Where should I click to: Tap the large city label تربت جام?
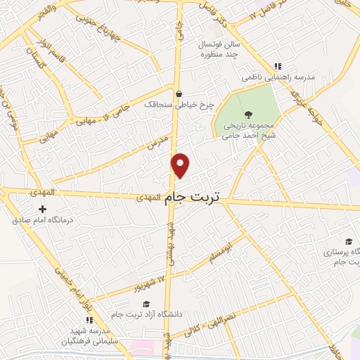pyautogui.click(x=192, y=198)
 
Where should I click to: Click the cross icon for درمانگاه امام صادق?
pyautogui.click(x=43, y=209)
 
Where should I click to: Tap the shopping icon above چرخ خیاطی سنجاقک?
pyautogui.click(x=179, y=94)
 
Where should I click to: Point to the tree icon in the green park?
pyautogui.click(x=247, y=114)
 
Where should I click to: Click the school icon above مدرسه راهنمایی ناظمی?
pyautogui.click(x=278, y=65)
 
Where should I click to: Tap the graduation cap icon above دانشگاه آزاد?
pyautogui.click(x=146, y=304)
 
